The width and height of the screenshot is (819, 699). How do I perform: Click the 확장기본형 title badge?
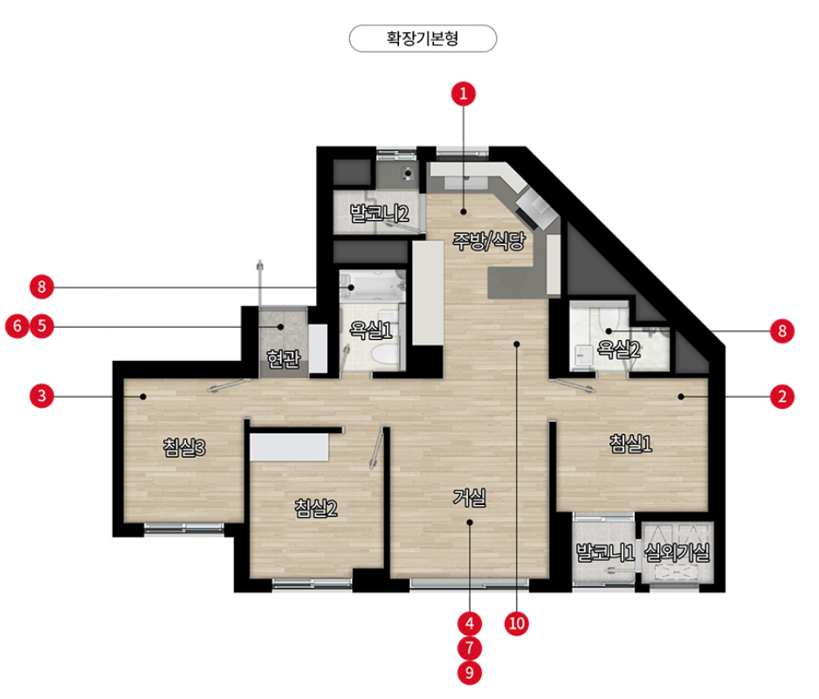tap(423, 38)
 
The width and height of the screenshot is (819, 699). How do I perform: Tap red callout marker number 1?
tap(464, 94)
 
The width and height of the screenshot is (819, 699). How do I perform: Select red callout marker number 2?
tap(782, 397)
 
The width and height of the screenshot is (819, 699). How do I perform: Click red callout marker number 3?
tap(42, 396)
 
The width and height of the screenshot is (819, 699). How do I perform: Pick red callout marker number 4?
tap(470, 623)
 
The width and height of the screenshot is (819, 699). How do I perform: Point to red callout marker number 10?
tap(517, 623)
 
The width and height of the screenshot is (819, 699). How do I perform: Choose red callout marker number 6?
tap(17, 326)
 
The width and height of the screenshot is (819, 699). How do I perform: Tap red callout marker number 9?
tap(470, 672)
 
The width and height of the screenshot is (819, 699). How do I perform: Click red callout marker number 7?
tap(470, 647)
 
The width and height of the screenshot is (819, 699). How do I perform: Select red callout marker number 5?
tap(42, 326)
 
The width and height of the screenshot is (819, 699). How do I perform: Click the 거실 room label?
tap(469, 498)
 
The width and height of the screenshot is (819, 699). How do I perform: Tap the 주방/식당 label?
tap(488, 240)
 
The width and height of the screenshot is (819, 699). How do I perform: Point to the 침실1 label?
tap(630, 444)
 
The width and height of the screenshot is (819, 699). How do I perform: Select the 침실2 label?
tap(315, 508)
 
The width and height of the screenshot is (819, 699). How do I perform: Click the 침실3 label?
tap(184, 447)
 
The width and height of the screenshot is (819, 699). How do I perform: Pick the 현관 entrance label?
tap(283, 358)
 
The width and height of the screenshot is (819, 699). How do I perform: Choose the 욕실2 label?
tap(618, 349)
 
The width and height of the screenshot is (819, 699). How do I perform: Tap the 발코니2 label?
tap(379, 213)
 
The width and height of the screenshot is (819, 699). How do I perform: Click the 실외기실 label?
tap(677, 552)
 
